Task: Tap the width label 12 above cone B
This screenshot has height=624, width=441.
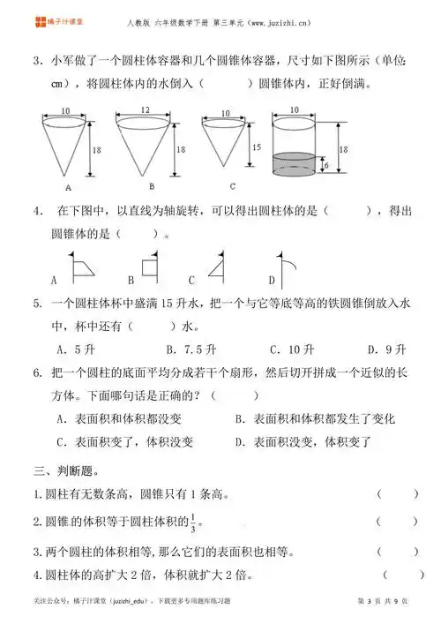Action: [145, 110]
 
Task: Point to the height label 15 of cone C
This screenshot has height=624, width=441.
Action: [256, 147]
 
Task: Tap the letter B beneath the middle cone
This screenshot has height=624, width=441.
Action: [151, 186]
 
